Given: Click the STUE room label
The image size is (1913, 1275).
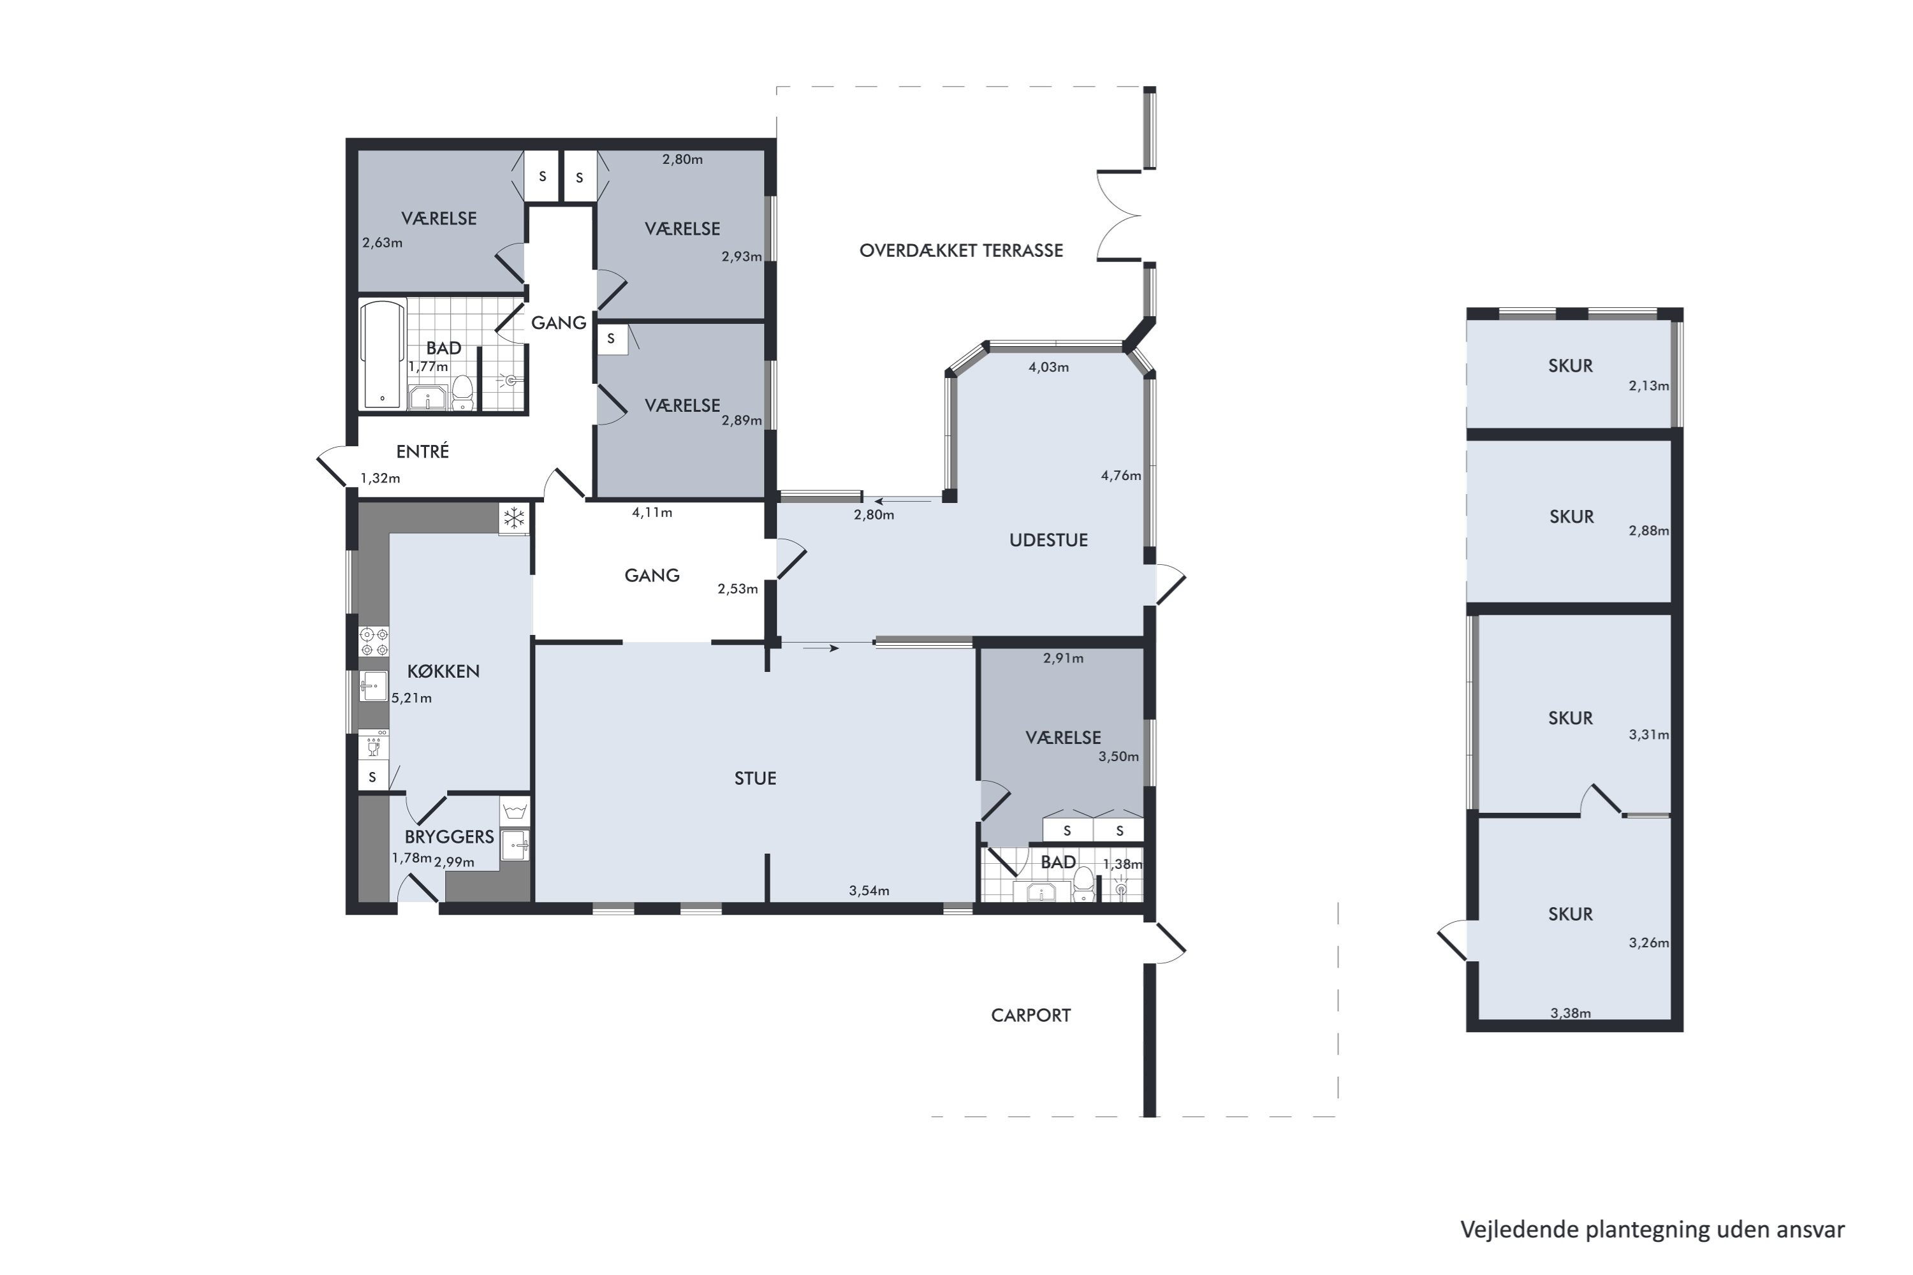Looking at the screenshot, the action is pos(755,778).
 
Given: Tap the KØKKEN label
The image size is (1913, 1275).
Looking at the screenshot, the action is pos(443,671).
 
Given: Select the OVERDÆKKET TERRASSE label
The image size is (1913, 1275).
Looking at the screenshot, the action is pos(960,251).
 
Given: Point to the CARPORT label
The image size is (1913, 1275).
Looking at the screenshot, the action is pos(1030,1015).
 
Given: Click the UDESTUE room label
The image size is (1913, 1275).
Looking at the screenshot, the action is pos(1048,540).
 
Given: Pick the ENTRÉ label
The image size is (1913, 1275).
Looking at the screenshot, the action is pos(422,451).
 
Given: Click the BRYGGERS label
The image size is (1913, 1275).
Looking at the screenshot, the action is pos(449,836).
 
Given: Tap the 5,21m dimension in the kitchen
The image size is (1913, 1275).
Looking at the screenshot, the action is pos(411,697).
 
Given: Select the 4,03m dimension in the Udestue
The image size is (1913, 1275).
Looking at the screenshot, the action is pos(1048,367).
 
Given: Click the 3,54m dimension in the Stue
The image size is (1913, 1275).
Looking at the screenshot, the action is pos(869,891).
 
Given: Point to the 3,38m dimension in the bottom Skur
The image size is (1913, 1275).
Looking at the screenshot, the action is pos(1571,1013).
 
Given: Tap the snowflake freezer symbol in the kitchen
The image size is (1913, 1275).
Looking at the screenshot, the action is pos(514,518).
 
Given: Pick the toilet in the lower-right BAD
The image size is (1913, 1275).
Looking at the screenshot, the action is pos(1083,884).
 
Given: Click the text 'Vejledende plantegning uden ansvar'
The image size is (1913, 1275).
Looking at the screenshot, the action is pos(1653,1230).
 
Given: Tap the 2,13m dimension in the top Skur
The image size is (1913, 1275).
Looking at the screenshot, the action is pos(1648,386).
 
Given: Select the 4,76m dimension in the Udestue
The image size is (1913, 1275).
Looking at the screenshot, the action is pos(1121,476).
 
